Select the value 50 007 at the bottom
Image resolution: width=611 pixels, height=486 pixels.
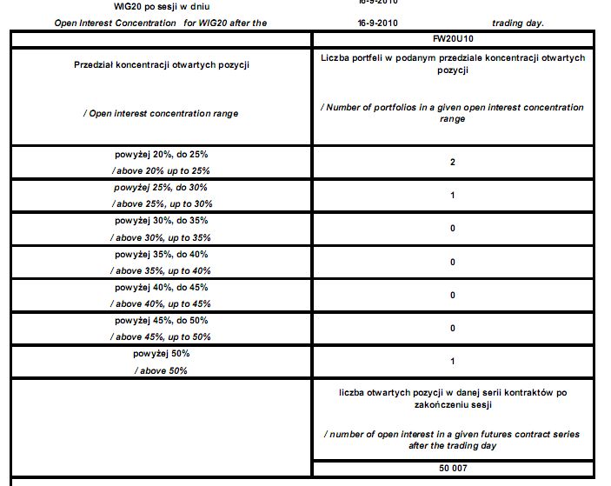pos(452,469)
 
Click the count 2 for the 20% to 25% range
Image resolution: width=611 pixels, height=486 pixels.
pos(453,162)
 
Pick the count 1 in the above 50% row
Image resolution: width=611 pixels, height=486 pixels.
pos(453,361)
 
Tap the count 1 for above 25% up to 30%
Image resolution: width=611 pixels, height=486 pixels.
pos(453,195)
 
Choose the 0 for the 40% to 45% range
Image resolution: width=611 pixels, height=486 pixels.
pos(453,295)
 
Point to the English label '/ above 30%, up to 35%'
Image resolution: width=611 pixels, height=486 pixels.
pos(161,237)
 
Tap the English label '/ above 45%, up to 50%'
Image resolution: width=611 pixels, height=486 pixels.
pos(161,336)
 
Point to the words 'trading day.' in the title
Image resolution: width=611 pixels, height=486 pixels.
pos(517,23)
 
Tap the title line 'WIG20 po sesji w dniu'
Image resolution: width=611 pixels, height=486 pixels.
pos(149,8)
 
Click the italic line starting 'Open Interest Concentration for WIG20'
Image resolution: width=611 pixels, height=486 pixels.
pos(161,23)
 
